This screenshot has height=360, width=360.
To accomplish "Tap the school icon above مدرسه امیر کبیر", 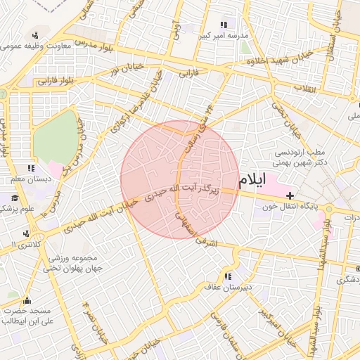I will [x=224, y=25].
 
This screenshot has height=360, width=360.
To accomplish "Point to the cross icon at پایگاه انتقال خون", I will [x=290, y=195].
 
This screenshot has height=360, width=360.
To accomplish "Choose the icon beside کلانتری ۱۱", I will [x=26, y=233].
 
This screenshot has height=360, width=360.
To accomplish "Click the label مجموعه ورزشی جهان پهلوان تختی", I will [x=73, y=263].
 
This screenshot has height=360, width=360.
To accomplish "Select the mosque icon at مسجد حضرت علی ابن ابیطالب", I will [x=27, y=301].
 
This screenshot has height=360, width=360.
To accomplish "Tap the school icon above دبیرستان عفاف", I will [x=228, y=276].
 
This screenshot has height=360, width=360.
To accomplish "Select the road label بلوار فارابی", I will [x=53, y=80].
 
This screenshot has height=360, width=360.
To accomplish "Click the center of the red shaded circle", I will [x=179, y=179].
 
